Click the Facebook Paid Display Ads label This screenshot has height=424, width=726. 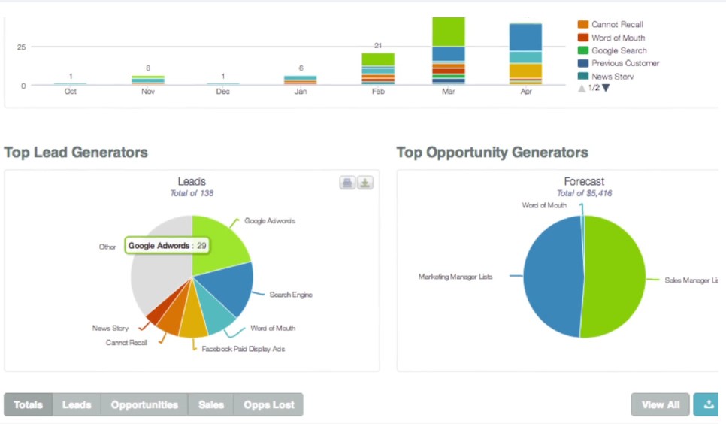(243, 349)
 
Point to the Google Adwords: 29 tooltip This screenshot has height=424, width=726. (168, 246)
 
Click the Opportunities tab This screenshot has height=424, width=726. (144, 404)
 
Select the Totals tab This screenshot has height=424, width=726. (28, 404)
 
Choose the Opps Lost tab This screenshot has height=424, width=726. (268, 404)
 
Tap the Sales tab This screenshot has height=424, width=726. (211, 404)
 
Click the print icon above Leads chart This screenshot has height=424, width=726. (347, 183)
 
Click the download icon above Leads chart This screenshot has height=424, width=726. (365, 183)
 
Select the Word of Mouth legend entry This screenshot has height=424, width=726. (618, 38)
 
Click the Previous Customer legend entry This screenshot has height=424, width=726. (625, 63)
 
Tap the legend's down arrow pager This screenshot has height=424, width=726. (606, 88)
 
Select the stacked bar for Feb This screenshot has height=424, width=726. (377, 68)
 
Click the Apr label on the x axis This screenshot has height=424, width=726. (525, 91)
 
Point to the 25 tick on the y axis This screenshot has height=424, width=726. (21, 47)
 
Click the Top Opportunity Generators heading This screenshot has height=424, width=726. (492, 153)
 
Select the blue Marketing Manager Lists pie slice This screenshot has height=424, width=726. (552, 278)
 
